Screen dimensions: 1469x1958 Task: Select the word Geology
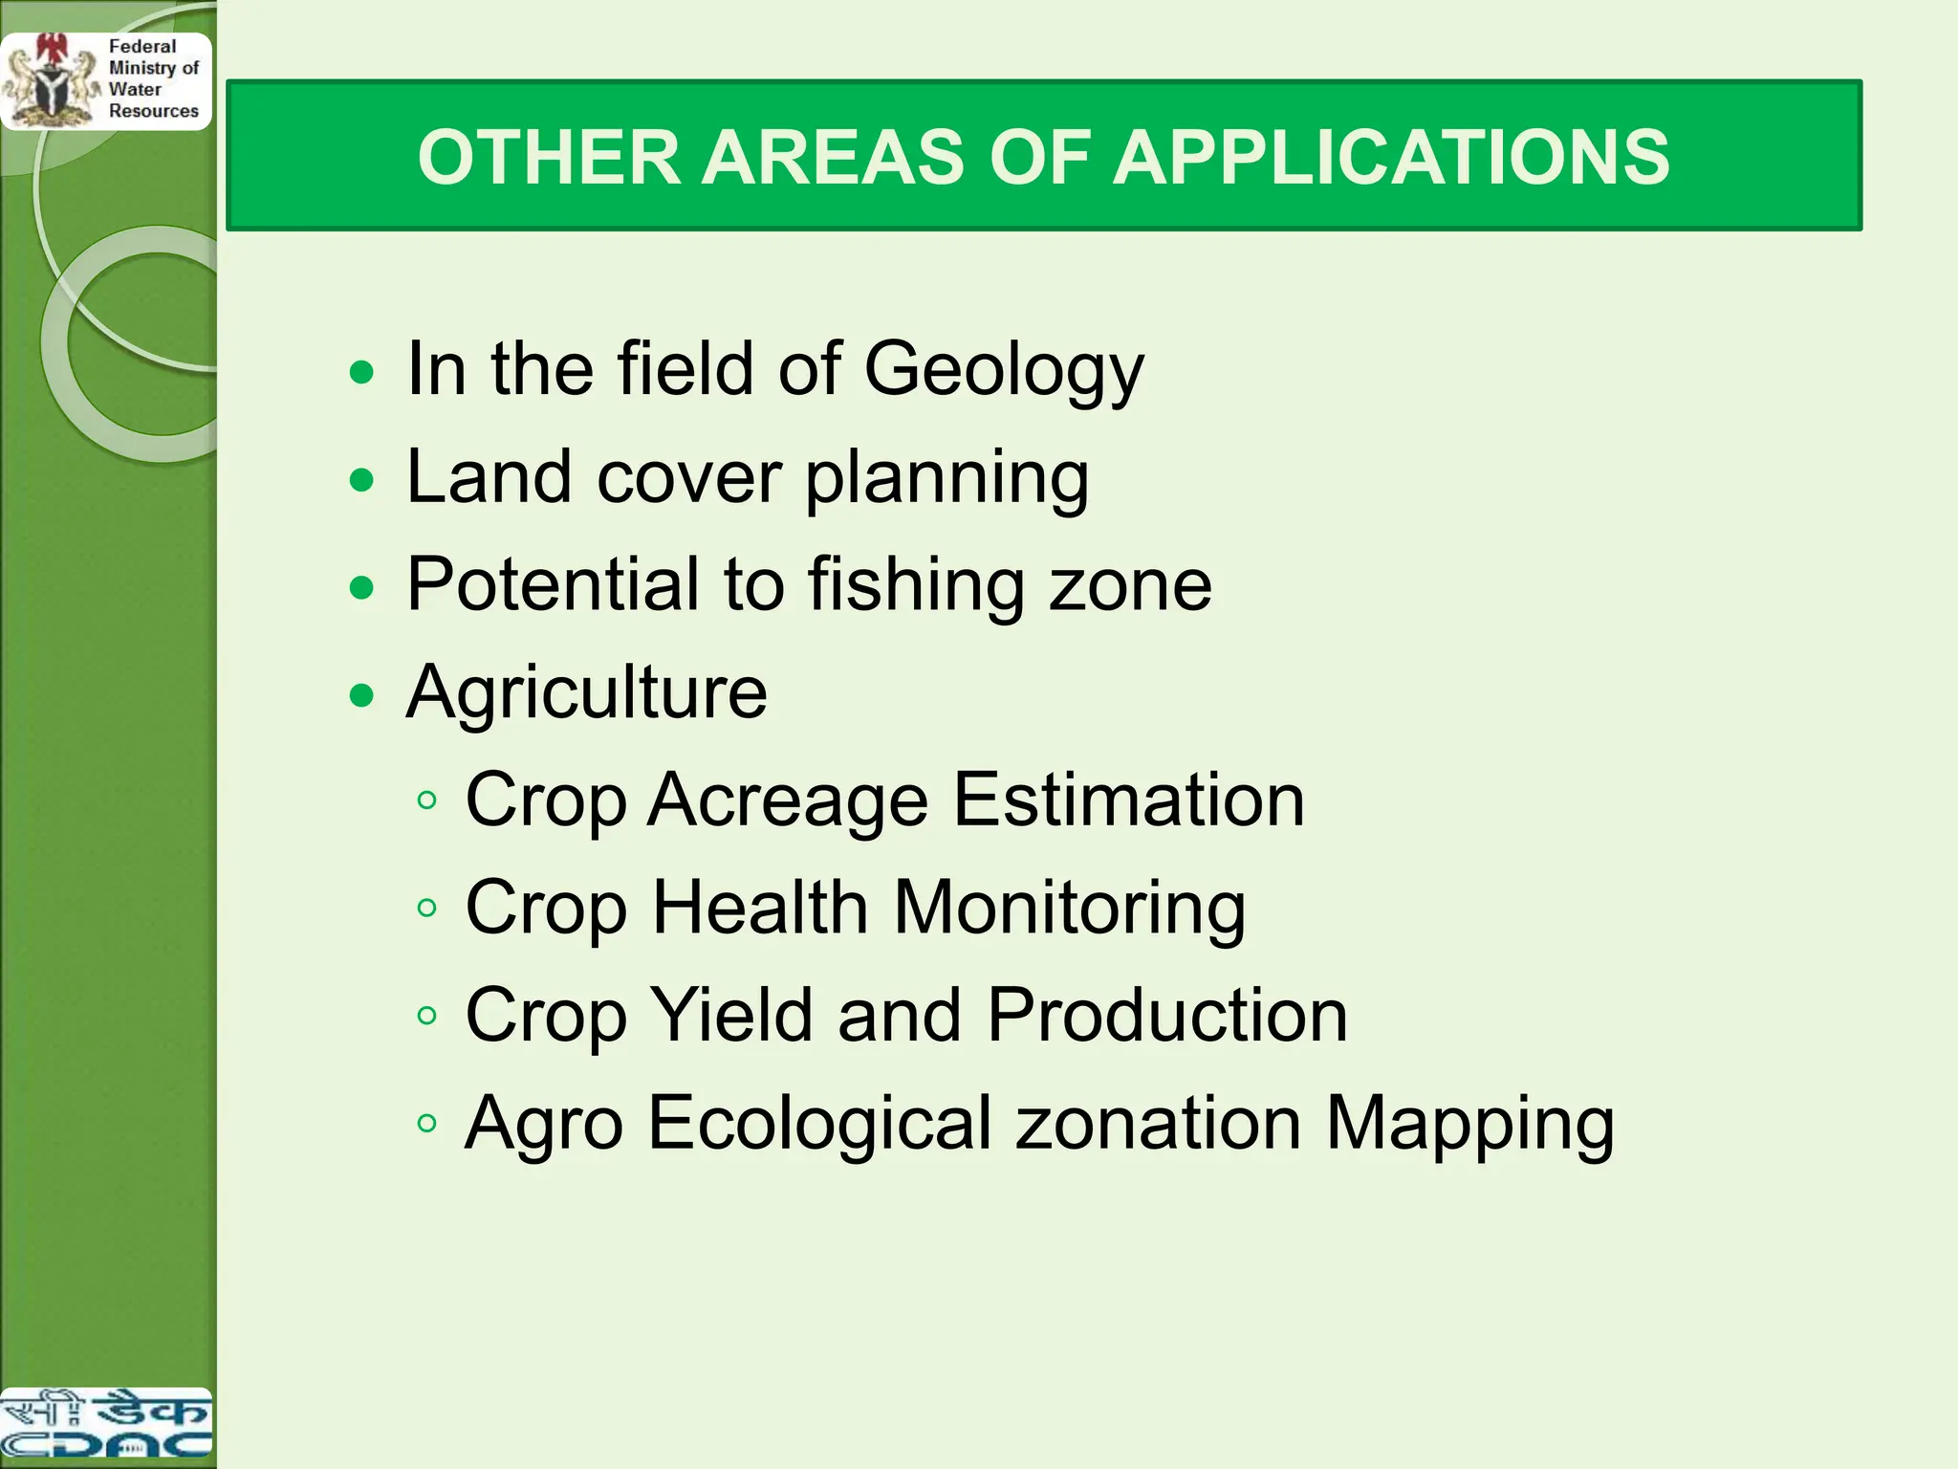coord(1004,371)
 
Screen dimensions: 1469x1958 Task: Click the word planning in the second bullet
coord(946,478)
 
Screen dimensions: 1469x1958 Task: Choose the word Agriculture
coord(586,691)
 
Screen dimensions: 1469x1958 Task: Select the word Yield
coord(733,1015)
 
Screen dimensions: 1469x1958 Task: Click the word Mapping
coord(1469,1125)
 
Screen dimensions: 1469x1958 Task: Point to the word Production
coord(1166,1015)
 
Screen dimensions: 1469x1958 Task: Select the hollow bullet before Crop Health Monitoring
coord(427,907)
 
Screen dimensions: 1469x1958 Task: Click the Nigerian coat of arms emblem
coord(50,81)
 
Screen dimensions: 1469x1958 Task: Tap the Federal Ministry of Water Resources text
coord(153,78)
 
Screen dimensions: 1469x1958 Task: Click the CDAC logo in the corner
coord(105,1426)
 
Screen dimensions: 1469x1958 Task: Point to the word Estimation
coord(1128,800)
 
